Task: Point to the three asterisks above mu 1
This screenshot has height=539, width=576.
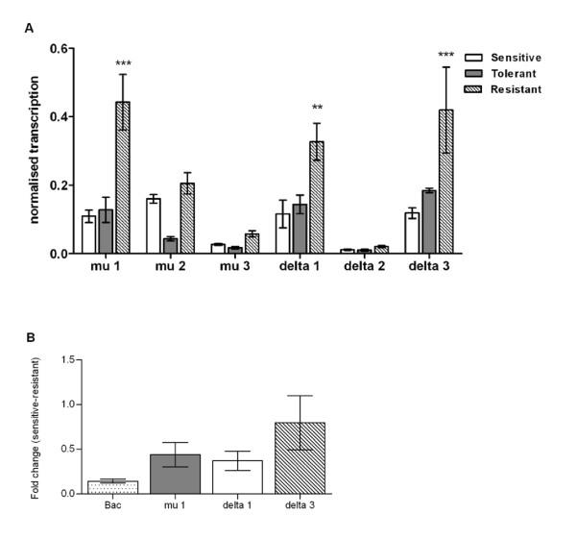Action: [123, 64]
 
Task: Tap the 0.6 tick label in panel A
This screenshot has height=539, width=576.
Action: [60, 48]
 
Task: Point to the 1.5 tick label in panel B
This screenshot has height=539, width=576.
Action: [67, 359]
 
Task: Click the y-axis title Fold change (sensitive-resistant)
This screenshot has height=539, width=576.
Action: [47, 425]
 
